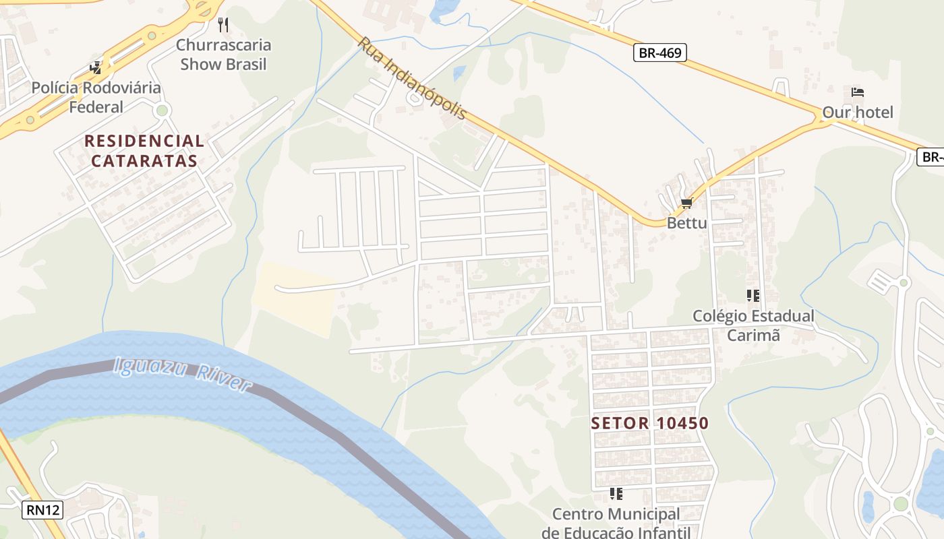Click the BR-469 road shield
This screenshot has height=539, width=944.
(659, 53)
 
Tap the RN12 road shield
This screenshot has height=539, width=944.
(42, 509)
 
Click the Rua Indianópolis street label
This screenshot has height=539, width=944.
(411, 78)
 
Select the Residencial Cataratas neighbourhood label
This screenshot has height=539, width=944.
(144, 151)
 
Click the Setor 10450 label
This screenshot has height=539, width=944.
(649, 423)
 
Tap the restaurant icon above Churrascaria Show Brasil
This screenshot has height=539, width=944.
(223, 26)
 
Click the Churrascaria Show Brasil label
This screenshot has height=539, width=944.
(223, 55)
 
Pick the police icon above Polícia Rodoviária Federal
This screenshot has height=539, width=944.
(96, 68)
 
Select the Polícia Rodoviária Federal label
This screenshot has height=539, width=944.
(96, 97)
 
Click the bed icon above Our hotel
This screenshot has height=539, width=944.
(857, 92)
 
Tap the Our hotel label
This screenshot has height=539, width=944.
(857, 112)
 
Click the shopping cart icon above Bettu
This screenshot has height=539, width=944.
(686, 203)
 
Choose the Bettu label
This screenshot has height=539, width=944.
(686, 222)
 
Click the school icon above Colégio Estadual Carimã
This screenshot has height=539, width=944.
(753, 295)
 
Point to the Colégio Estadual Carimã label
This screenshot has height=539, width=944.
(753, 325)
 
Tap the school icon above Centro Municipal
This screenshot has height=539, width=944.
(616, 494)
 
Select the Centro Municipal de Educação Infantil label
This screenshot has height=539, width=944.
(616, 523)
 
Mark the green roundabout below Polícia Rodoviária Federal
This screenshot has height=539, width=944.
(162, 110)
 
